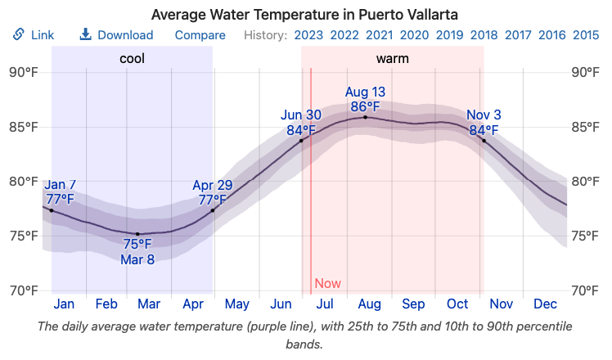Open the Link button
click(x=34, y=35)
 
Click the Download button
click(x=116, y=35)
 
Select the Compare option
click(x=200, y=35)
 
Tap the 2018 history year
click(x=484, y=35)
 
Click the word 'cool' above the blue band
click(x=133, y=59)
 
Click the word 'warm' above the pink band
click(x=393, y=59)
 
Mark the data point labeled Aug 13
click(x=365, y=117)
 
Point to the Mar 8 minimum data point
click(x=137, y=234)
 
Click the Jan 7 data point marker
click(x=52, y=210)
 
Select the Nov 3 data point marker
click(x=484, y=141)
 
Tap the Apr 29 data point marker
click(x=213, y=210)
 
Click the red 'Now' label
click(x=327, y=284)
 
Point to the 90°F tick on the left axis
click(x=24, y=72)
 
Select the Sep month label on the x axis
click(x=413, y=304)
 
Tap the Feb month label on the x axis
click(x=106, y=304)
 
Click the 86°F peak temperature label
click(x=365, y=106)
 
